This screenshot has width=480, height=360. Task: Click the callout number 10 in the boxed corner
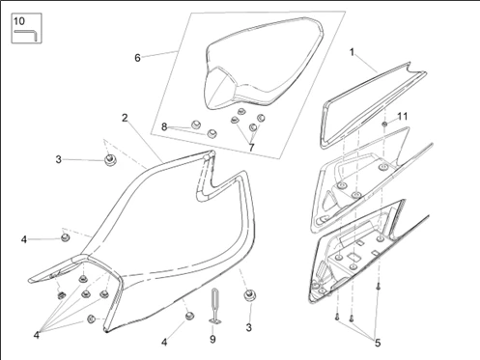(19, 21)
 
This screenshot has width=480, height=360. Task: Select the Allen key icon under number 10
(26, 35)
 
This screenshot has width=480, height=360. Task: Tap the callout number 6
(137, 58)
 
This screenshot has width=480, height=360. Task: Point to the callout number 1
(352, 52)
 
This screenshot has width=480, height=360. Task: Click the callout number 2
(125, 118)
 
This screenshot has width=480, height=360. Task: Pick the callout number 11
(403, 116)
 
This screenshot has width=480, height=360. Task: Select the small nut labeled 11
(384, 124)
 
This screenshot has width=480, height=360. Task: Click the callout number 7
(252, 148)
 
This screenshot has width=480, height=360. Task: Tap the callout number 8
(164, 127)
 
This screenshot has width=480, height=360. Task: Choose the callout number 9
(212, 339)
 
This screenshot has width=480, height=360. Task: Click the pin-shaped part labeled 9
(214, 306)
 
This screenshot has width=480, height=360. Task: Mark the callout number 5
(378, 344)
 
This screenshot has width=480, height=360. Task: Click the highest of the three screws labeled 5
(379, 286)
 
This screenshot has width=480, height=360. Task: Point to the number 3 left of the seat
(58, 159)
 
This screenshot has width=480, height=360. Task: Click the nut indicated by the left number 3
(110, 159)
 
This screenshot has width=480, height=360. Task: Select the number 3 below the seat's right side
(249, 327)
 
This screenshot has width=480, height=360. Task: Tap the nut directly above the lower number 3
(249, 295)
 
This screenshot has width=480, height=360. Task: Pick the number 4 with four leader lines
(37, 335)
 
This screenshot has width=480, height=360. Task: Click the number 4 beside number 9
(164, 342)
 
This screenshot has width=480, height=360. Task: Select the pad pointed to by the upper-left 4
(66, 237)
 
